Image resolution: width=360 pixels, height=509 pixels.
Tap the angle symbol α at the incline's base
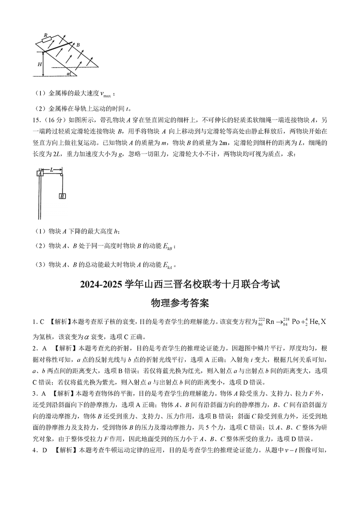click(68, 74)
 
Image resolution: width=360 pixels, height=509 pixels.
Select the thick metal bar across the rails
click(58, 47)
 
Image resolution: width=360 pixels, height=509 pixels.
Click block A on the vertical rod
click(40, 173)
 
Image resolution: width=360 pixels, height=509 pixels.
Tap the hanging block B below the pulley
click(62, 196)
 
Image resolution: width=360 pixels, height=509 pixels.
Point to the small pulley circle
click(61, 173)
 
